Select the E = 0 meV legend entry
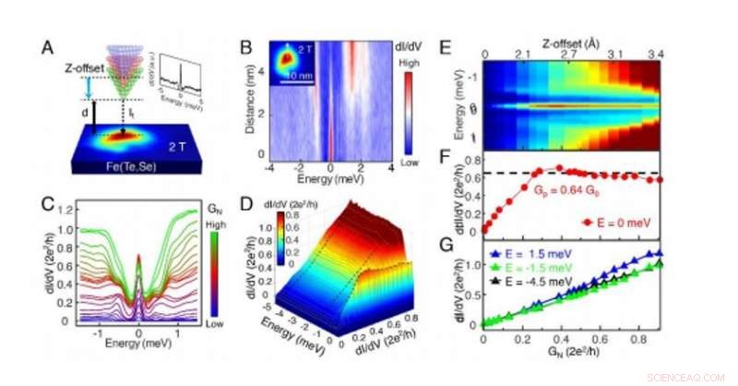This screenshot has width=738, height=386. pyautogui.click(x=628, y=223)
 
